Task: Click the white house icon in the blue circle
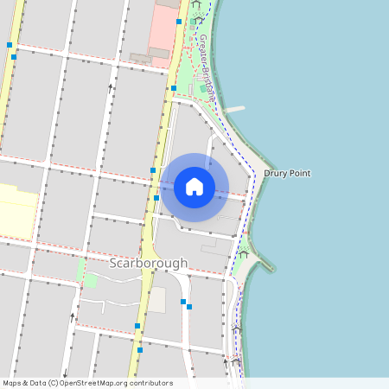tap(194, 187)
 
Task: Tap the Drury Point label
tap(287, 174)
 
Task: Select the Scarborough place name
tap(148, 262)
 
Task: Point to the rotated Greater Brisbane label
tap(207, 66)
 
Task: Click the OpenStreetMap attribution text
tap(87, 383)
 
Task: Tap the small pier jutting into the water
tap(234, 110)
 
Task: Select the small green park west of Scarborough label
tap(90, 279)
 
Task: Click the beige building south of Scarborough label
tap(156, 300)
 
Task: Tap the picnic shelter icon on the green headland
tap(245, 250)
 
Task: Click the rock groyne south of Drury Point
tap(264, 262)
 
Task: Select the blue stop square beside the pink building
tap(179, 22)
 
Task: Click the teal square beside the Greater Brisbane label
tap(204, 87)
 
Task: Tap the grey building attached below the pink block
tap(159, 54)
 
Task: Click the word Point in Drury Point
tap(298, 174)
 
